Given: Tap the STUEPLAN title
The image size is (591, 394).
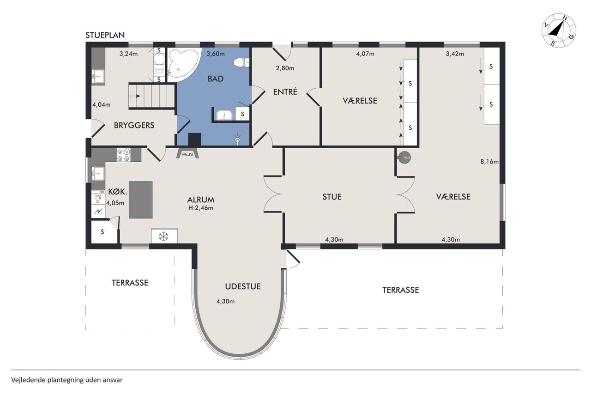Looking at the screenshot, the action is point(105,35).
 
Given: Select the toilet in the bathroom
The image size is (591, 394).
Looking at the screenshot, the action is point(241,62).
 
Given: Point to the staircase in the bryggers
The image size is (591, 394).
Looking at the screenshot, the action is point(152,96).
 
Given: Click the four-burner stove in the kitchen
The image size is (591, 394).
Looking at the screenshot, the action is point(124,155).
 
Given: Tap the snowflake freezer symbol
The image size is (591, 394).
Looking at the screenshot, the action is point(163,236).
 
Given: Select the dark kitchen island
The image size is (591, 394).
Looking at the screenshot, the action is point(141,200).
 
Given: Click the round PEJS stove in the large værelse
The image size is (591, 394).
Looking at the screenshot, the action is point(404,158).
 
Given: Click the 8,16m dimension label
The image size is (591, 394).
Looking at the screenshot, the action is point(489,162).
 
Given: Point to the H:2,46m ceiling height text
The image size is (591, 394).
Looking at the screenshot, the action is point(201,208).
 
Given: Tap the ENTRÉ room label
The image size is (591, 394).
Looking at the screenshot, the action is point(285,92).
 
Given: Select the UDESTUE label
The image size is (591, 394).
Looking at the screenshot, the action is point(243,286).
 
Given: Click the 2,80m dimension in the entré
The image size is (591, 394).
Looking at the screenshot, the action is point(285,68).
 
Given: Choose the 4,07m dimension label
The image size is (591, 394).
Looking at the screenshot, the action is point(365,54).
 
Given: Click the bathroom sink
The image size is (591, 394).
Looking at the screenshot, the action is point(224,115).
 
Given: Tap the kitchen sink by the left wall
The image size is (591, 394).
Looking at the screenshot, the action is point(98,174).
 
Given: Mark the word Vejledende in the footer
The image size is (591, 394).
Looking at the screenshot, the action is point(29,380).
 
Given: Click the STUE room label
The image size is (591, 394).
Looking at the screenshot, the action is point(332,197).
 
